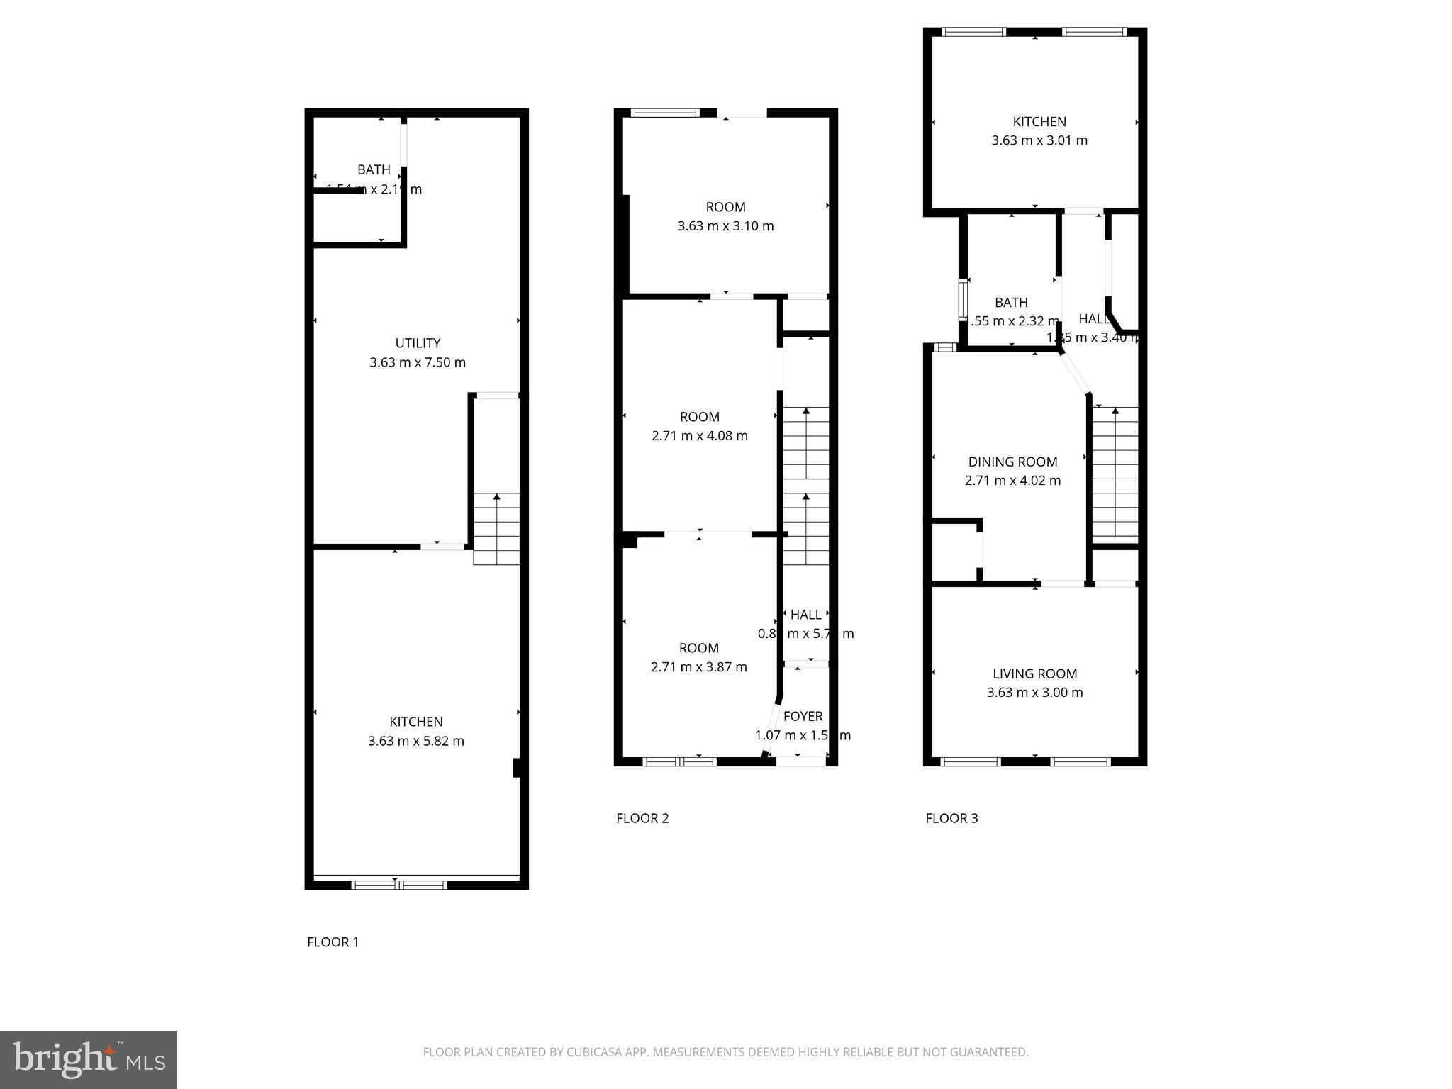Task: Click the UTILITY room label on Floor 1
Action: pos(418,343)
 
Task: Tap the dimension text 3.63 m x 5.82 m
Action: pos(416,741)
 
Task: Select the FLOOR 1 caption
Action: pos(333,942)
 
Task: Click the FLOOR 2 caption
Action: pos(642,818)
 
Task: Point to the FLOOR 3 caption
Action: pos(951,818)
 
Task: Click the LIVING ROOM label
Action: pos(1034,674)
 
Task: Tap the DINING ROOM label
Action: pos(1012,462)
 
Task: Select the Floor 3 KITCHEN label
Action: pos(1039,122)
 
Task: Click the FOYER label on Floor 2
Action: pos(803,717)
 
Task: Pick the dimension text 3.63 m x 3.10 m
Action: pos(725,226)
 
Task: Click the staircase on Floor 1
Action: pos(496,528)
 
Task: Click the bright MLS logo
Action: pos(89,1059)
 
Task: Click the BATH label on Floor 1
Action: pos(374,170)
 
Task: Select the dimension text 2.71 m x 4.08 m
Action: pos(700,436)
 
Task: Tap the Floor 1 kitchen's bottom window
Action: pos(399,884)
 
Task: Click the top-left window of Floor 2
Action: pos(665,112)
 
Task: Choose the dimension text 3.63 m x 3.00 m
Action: pos(1034,693)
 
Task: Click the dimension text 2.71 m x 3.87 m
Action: pos(699,667)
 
